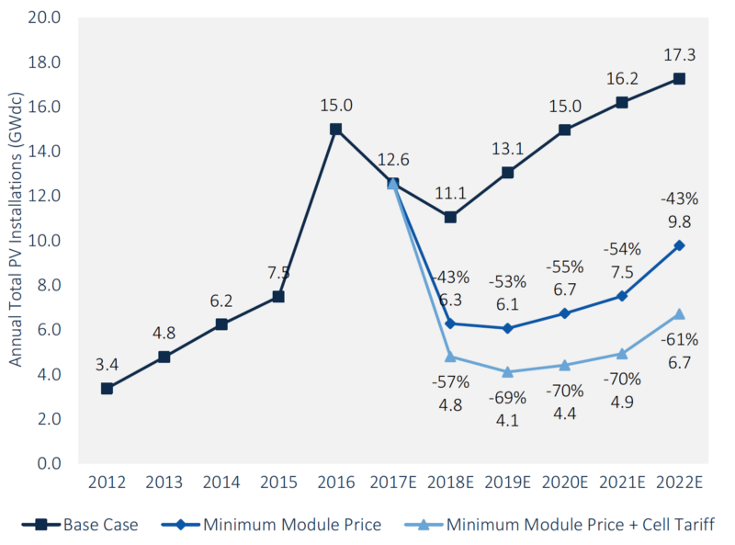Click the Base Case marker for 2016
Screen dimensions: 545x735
[336, 130]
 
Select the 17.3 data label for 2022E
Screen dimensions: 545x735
[679, 55]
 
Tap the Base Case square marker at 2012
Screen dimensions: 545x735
[107, 389]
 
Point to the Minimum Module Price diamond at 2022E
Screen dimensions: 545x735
[679, 245]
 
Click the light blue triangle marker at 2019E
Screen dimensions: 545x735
[507, 371]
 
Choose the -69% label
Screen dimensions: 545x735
[507, 398]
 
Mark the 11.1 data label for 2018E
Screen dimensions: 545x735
[450, 192]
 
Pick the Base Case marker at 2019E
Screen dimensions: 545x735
[507, 173]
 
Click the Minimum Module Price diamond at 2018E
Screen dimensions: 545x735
[450, 324]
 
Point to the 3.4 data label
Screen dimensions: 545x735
[107, 364]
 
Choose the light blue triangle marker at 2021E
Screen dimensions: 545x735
[622, 354]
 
